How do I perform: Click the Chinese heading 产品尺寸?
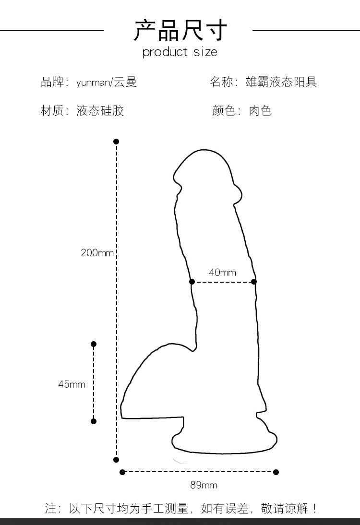[180, 30]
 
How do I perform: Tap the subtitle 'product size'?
[180, 52]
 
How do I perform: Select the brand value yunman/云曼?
[107, 83]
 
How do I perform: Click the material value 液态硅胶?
[100, 111]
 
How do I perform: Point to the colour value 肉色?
[260, 111]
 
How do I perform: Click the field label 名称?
[221, 82]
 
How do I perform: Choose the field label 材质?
[52, 111]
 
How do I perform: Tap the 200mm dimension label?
[97, 252]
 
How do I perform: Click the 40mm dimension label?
[222, 273]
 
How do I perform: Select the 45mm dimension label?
[72, 384]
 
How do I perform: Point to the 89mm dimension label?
[204, 485]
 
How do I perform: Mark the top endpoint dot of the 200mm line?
[116, 142]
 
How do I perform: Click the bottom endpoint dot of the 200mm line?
[116, 460]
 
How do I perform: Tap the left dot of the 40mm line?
[192, 282]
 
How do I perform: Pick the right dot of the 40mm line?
[254, 282]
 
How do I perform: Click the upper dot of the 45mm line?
[94, 344]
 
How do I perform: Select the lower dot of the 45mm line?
[94, 421]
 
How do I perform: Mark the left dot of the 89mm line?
[122, 472]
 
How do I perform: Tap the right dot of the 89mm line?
[276, 472]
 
